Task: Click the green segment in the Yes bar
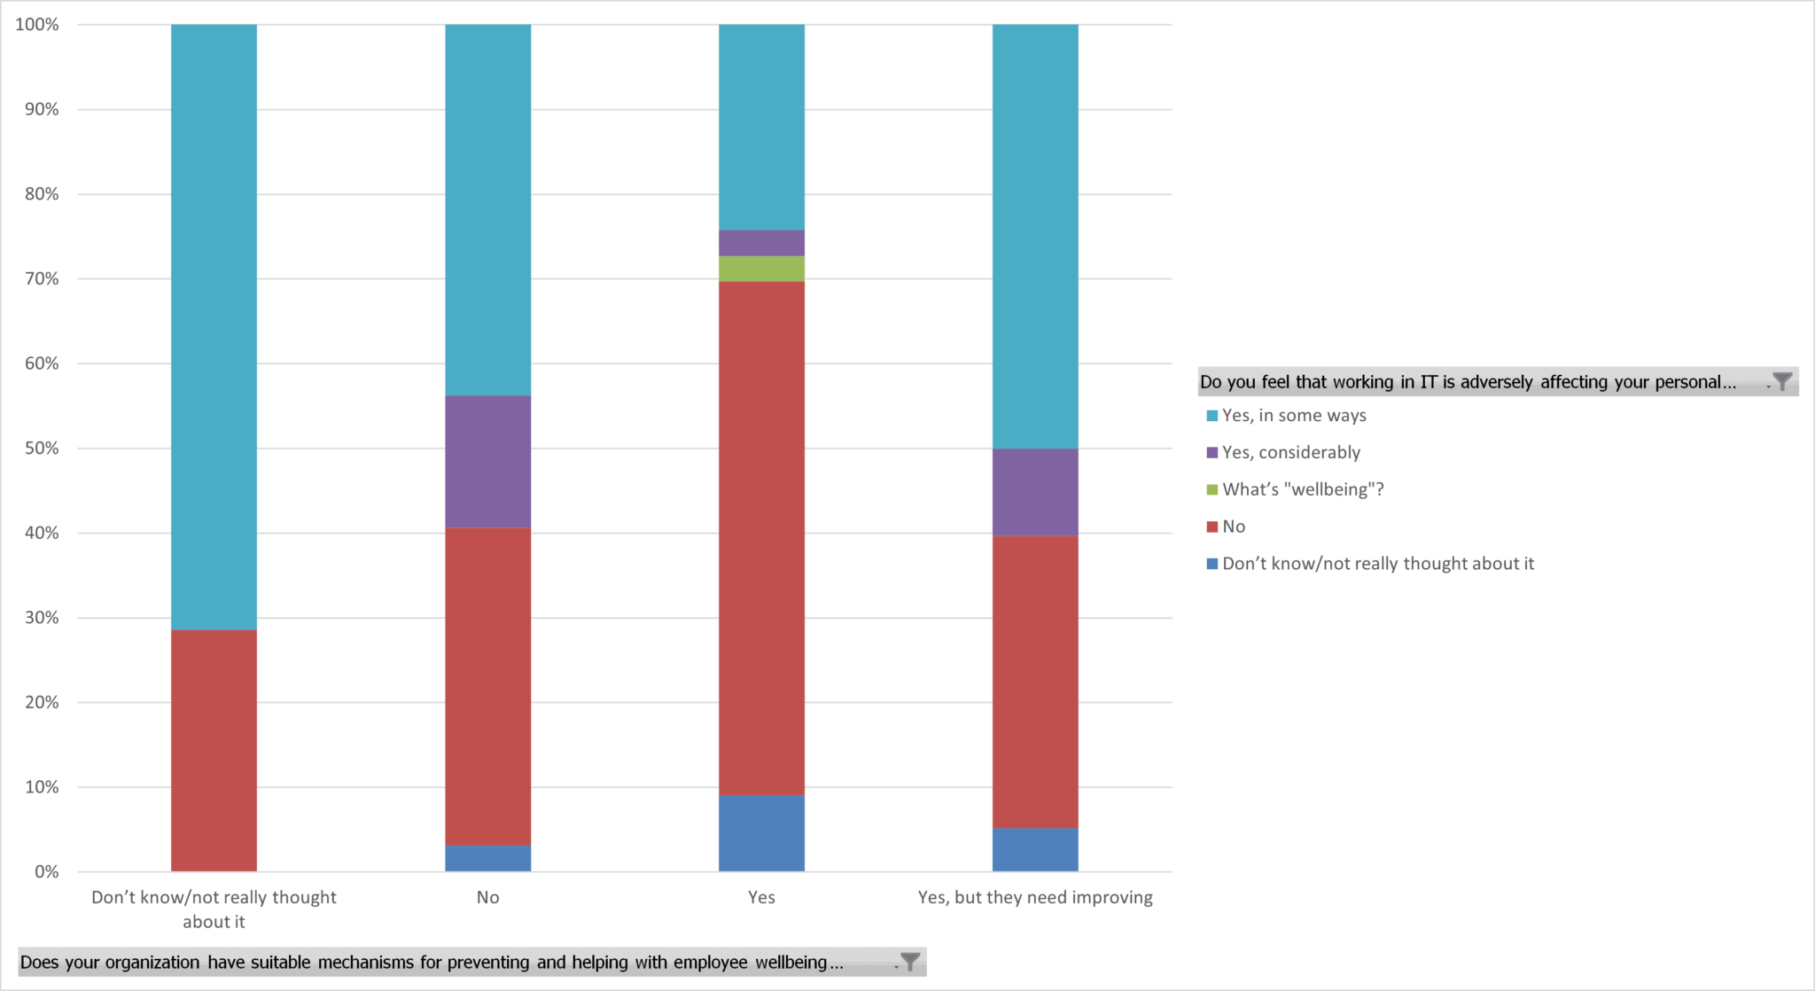point(761,269)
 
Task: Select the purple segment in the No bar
point(487,461)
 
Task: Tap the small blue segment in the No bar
point(487,858)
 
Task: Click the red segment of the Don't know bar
point(214,750)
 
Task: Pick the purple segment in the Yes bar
point(761,243)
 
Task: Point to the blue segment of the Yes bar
point(761,833)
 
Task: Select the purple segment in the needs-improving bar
point(1035,492)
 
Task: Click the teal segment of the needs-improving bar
point(1035,236)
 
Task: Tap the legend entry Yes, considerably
point(1290,453)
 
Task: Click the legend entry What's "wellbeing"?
point(1302,489)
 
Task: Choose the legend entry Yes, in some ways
point(1293,416)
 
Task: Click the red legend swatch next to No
point(1211,527)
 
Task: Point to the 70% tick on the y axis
point(42,279)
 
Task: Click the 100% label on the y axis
point(37,25)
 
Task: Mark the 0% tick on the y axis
point(47,872)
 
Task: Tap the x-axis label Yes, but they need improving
point(1035,898)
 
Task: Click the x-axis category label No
point(487,898)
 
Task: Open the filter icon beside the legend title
point(1781,382)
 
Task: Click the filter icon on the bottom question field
point(909,963)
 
